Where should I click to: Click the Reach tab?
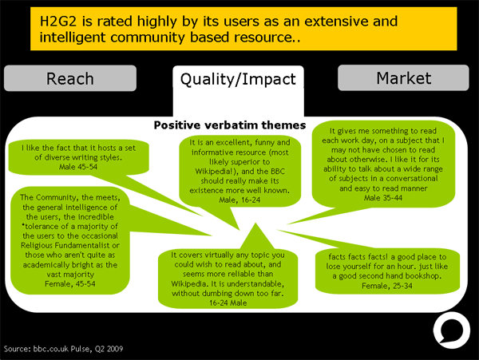tap(69, 78)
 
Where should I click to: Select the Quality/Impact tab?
tap(238, 78)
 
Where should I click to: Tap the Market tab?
tap(403, 77)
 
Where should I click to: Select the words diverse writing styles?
tap(85, 157)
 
